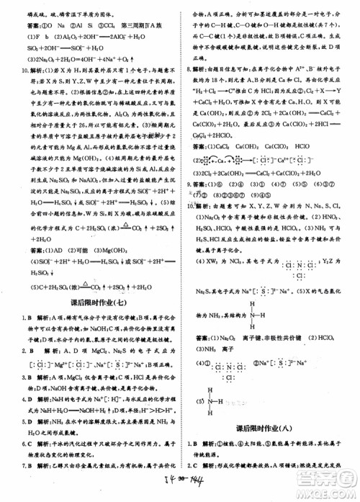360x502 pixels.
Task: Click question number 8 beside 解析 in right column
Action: [188, 71]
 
